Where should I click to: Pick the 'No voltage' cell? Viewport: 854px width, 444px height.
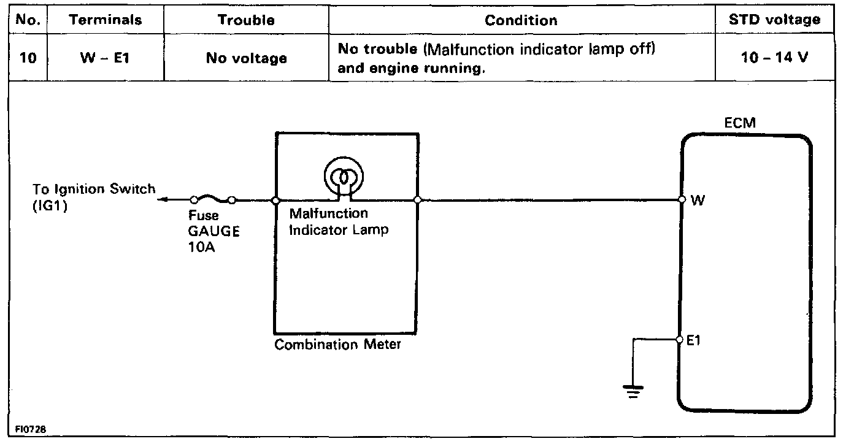246,58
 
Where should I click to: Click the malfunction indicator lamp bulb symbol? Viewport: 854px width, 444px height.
344,177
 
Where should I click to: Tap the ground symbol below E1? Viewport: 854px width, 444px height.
633,390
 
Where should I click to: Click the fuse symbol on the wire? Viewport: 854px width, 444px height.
213,199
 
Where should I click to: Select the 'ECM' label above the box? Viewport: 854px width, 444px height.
740,123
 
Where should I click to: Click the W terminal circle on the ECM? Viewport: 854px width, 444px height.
682,199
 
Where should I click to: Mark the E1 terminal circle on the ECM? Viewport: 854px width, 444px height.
680,339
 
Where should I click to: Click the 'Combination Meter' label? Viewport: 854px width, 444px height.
337,345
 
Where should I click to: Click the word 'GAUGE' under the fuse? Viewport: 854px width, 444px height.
214,232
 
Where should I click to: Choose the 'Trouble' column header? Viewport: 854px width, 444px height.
246,20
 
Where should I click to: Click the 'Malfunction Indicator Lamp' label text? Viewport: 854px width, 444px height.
338,222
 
